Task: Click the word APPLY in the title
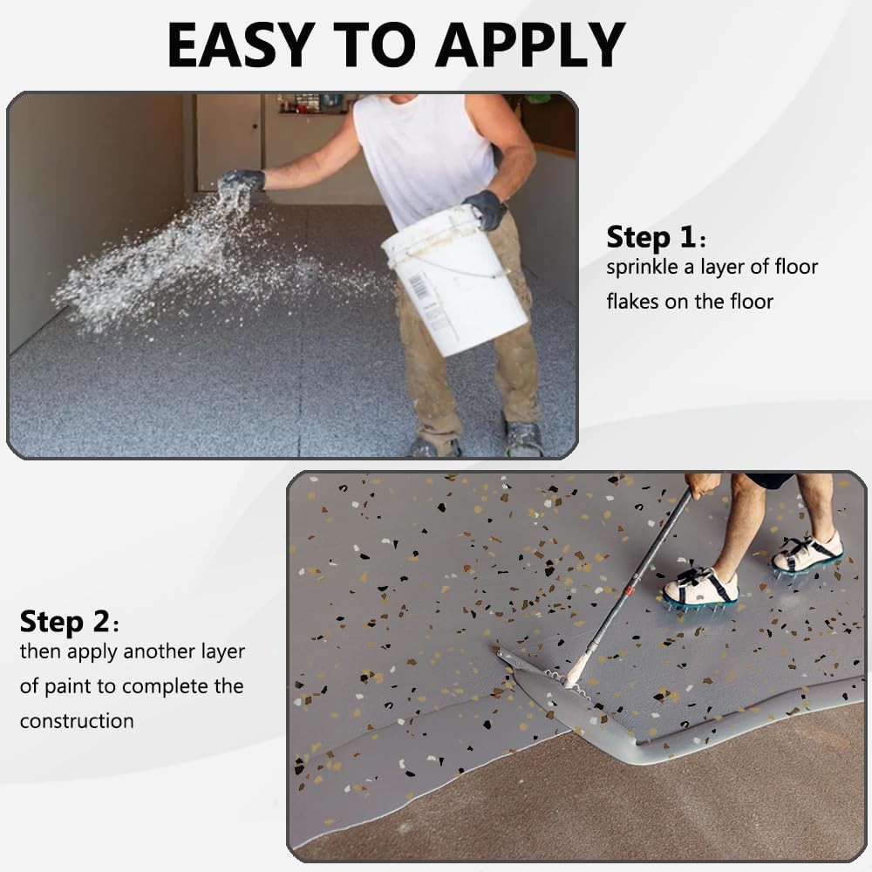[x=530, y=46]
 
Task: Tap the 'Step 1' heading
[x=651, y=237]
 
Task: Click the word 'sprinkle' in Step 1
[x=642, y=268]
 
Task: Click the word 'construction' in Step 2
[x=77, y=721]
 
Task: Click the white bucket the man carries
[x=456, y=282]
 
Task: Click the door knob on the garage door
[x=255, y=126]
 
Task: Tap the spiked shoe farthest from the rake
[x=807, y=554]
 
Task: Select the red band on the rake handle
[x=629, y=590]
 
